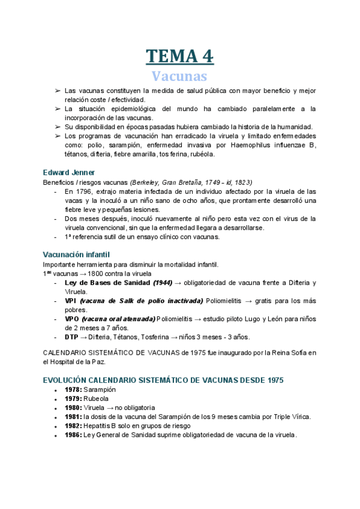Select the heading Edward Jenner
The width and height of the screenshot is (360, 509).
pos(69,172)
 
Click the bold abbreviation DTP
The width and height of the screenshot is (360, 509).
pos(71,337)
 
